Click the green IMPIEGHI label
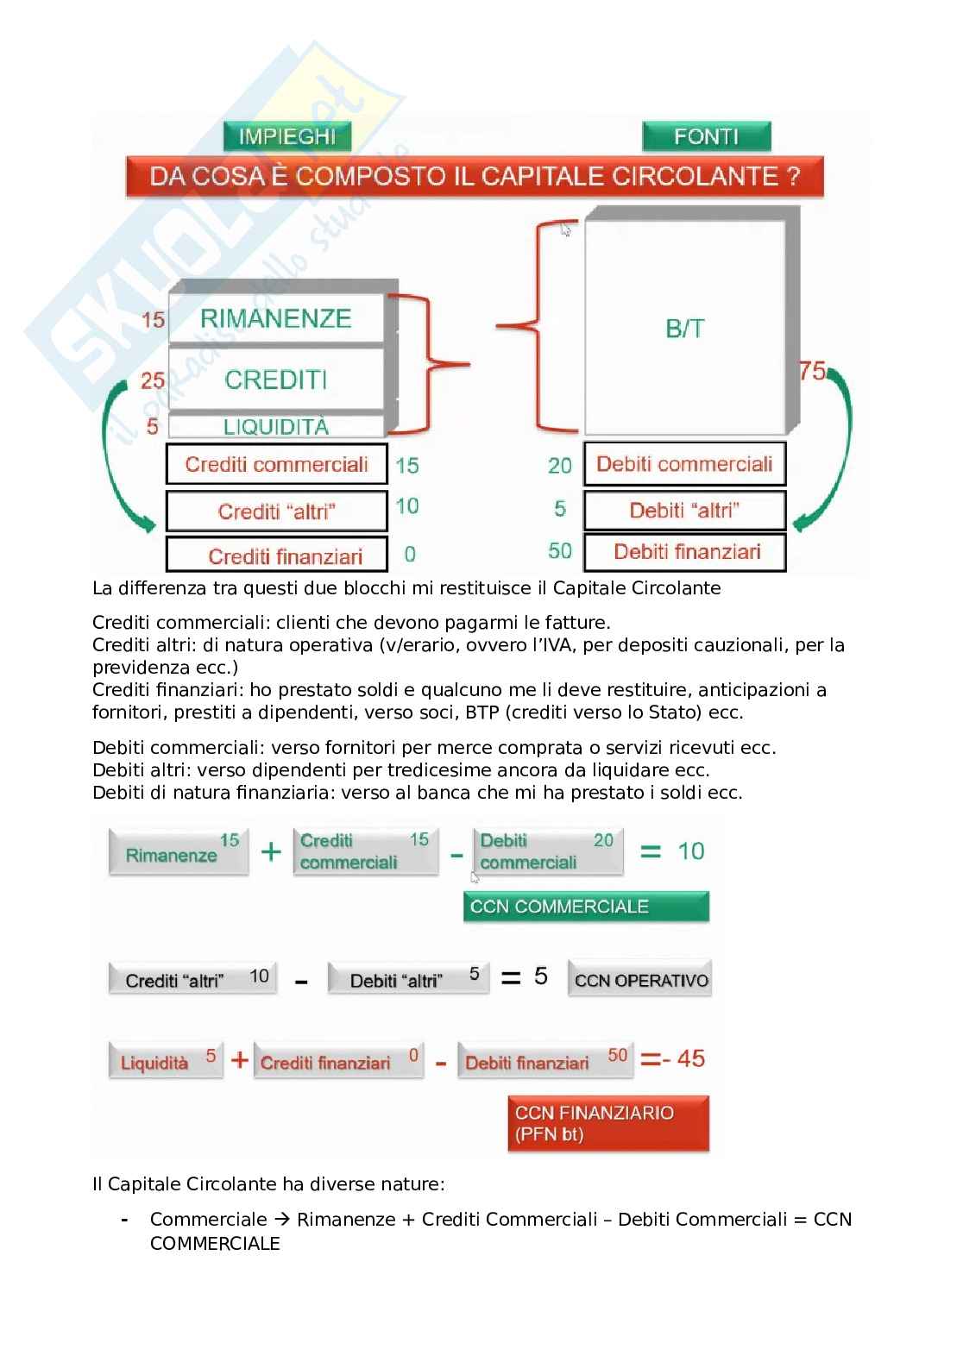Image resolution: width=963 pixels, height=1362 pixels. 286,136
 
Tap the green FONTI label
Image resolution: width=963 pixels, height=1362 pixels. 706,136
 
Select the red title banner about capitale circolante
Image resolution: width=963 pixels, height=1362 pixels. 475,177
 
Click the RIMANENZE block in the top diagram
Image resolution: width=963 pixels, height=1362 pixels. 276,318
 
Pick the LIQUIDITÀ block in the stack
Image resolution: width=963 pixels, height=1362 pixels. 276,426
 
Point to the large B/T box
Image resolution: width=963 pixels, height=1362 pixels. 685,328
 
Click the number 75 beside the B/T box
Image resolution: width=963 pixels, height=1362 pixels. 813,371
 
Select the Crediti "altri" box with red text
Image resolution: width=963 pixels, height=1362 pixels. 276,512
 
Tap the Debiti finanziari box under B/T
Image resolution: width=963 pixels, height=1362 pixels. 685,552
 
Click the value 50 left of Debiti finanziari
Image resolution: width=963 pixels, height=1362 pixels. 560,550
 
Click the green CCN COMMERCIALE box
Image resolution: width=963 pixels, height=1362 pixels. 585,907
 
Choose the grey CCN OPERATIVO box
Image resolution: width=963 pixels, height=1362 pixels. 640,980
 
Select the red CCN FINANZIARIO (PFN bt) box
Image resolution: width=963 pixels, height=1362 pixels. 607,1123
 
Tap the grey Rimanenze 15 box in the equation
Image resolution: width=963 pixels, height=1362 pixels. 179,852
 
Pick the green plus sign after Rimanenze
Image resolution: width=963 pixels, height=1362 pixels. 271,852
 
